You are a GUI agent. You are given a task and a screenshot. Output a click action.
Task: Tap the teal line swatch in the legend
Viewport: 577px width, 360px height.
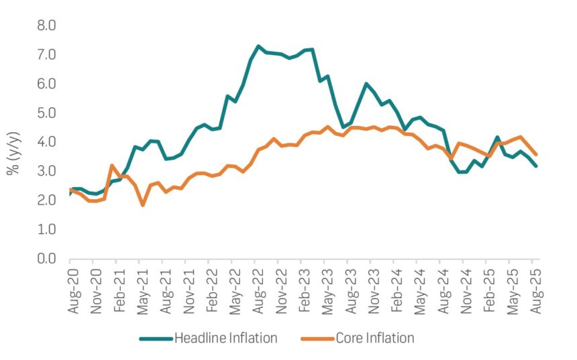tap(155, 338)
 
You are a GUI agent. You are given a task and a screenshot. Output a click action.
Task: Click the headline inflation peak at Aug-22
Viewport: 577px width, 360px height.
tap(258, 46)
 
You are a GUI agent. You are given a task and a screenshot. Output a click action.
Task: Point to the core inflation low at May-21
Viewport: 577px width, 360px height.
tap(142, 204)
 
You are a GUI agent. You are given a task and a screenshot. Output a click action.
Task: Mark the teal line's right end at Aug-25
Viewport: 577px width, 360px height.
tap(535, 166)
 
